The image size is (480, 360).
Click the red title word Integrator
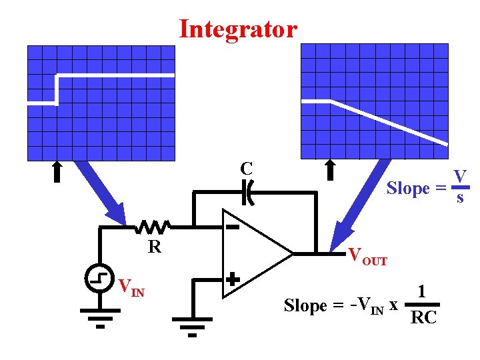[x=238, y=29]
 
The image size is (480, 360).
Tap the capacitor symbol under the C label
[x=248, y=192]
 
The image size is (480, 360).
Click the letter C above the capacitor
[x=247, y=168]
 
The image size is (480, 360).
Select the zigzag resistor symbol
[x=153, y=227]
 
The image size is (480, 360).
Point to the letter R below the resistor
[x=155, y=247]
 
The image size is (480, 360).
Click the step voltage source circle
[x=100, y=279]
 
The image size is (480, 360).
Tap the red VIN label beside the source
[x=131, y=288]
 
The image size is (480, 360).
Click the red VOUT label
[x=367, y=256]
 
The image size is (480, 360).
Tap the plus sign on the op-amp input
[x=232, y=279]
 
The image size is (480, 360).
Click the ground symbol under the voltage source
[x=99, y=316]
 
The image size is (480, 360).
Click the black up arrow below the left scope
[x=57, y=171]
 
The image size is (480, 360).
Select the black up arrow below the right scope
[x=329, y=170]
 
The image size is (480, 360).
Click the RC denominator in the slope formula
[x=423, y=317]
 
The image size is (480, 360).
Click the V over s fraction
[x=459, y=187]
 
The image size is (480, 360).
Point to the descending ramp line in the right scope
[x=390, y=121]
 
